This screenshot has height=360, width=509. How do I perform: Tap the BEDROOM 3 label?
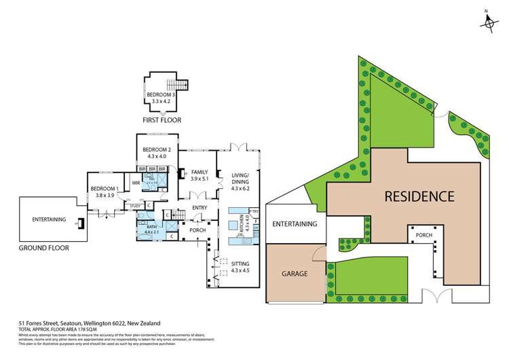pyautogui.click(x=159, y=94)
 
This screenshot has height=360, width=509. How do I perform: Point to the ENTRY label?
pyautogui.click(x=200, y=208)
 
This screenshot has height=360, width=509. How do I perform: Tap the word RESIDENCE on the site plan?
pyautogui.click(x=419, y=196)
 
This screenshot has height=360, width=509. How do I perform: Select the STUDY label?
pyautogui.click(x=135, y=205)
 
